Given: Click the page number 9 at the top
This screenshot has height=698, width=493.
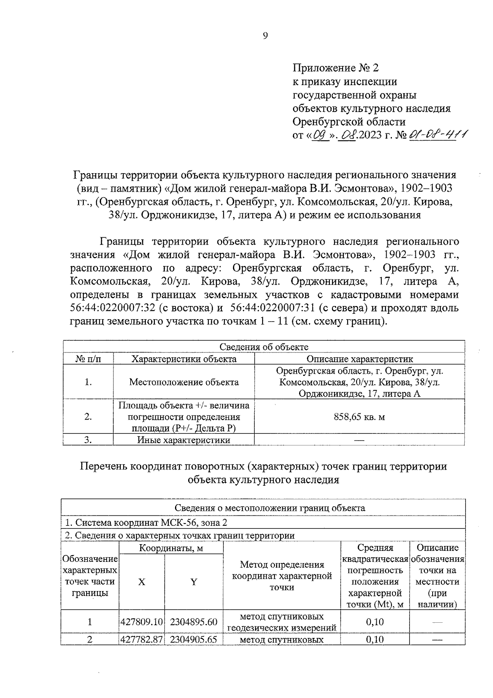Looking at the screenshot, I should (x=265, y=36).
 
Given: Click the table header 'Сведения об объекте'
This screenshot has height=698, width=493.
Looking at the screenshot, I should (x=264, y=347).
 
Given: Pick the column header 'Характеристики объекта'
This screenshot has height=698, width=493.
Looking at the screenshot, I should (x=184, y=359).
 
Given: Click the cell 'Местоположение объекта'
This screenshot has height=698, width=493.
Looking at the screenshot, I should (x=184, y=382).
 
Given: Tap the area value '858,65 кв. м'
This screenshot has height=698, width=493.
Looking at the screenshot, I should (x=359, y=417).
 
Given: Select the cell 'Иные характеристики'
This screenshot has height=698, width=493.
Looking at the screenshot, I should (x=184, y=440).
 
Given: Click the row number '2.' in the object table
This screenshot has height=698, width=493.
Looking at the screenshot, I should (x=88, y=417).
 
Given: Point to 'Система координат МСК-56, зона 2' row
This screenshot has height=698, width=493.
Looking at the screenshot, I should (x=146, y=523).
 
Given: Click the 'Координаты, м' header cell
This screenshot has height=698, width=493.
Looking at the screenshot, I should (x=171, y=548).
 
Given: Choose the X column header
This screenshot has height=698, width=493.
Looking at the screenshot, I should (x=141, y=582).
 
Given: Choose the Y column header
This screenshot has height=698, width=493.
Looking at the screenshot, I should (x=194, y=582).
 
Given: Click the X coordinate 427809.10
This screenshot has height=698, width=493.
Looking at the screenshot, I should (x=142, y=622).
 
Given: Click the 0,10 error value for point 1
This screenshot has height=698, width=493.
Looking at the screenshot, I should (x=375, y=622).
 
